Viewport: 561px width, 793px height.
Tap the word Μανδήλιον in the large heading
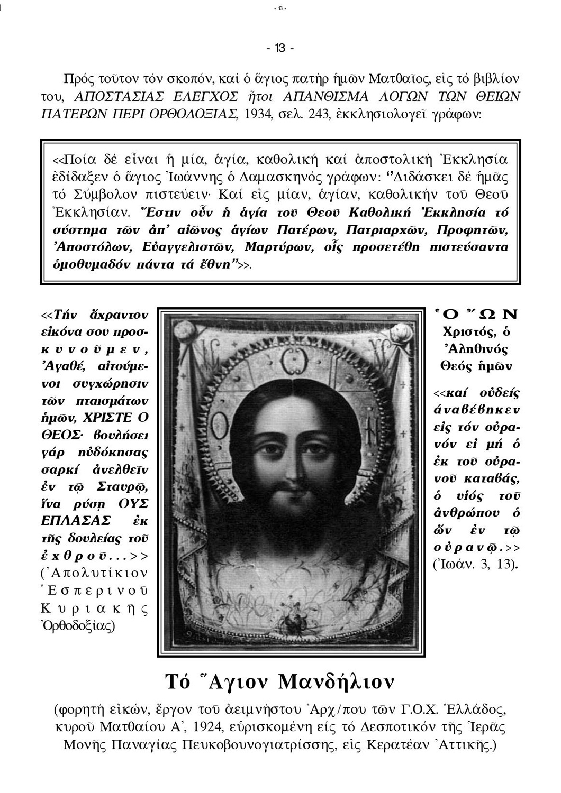336,682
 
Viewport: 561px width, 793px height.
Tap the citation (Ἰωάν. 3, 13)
475,564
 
